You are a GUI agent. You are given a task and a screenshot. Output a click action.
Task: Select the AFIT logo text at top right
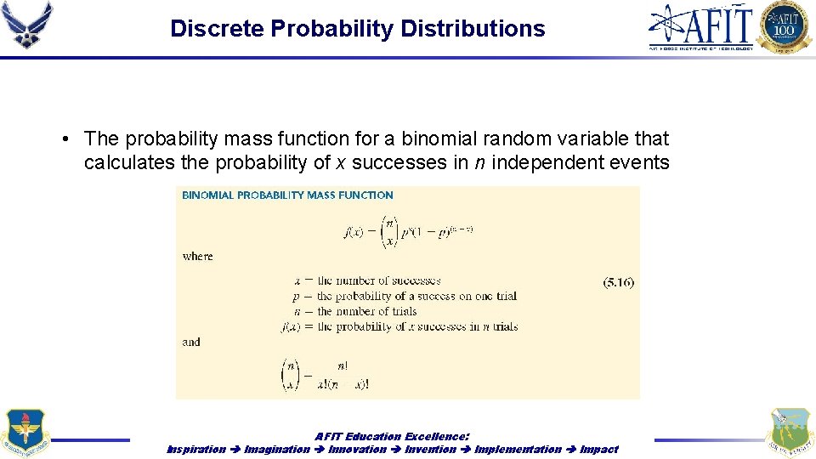coord(701,26)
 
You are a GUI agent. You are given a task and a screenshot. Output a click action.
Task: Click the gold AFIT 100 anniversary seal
coord(785,26)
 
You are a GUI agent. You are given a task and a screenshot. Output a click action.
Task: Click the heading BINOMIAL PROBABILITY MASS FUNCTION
coord(287,195)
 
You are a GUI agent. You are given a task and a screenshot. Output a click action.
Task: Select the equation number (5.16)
coord(618,283)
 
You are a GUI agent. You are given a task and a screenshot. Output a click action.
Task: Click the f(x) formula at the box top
coord(408,230)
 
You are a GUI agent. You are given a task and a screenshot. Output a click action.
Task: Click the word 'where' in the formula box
coord(197,256)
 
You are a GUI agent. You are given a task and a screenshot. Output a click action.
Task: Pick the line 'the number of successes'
coord(378,280)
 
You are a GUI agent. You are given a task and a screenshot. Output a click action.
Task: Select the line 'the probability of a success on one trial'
coord(416,296)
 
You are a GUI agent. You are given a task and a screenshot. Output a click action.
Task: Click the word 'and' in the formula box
coord(191,342)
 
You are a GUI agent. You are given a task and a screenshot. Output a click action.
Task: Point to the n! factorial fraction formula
coord(326,375)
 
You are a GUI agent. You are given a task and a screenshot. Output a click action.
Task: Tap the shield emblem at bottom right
coord(789,433)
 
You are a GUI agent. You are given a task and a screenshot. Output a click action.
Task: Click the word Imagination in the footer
coord(277,449)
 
